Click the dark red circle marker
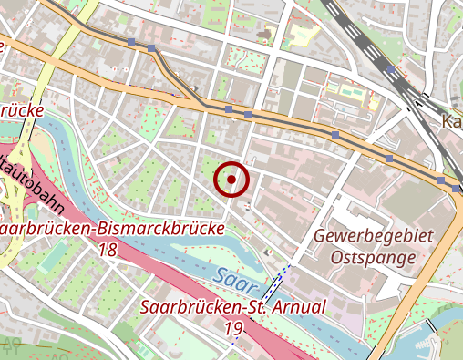pyautogui.click(x=231, y=180)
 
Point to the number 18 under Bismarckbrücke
pyautogui.click(x=109, y=249)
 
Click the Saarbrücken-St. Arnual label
pyautogui.click(x=232, y=307)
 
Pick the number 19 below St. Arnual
pyautogui.click(x=232, y=328)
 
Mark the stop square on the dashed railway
pyautogui.click(x=390, y=68)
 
